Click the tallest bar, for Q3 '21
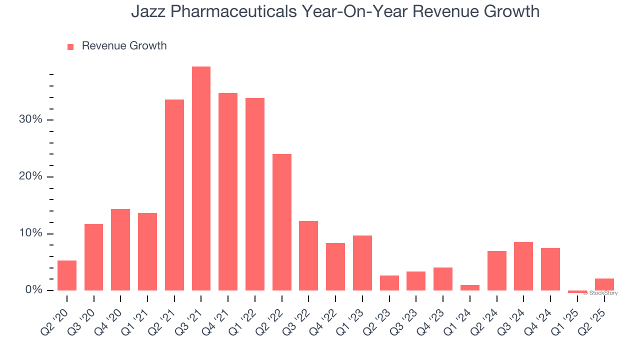pyautogui.click(x=201, y=178)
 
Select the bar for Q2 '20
pyautogui.click(x=67, y=275)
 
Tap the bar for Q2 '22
pyautogui.click(x=281, y=222)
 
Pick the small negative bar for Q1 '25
pyautogui.click(x=577, y=291)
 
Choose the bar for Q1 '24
pyautogui.click(x=469, y=287)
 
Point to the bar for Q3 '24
pyautogui.click(x=523, y=266)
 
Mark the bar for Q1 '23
pyautogui.click(x=362, y=263)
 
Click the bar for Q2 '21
pyautogui.click(x=174, y=195)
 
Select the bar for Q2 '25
pyautogui.click(x=604, y=284)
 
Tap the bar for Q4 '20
pyautogui.click(x=120, y=249)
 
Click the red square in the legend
pyautogui.click(x=70, y=46)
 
